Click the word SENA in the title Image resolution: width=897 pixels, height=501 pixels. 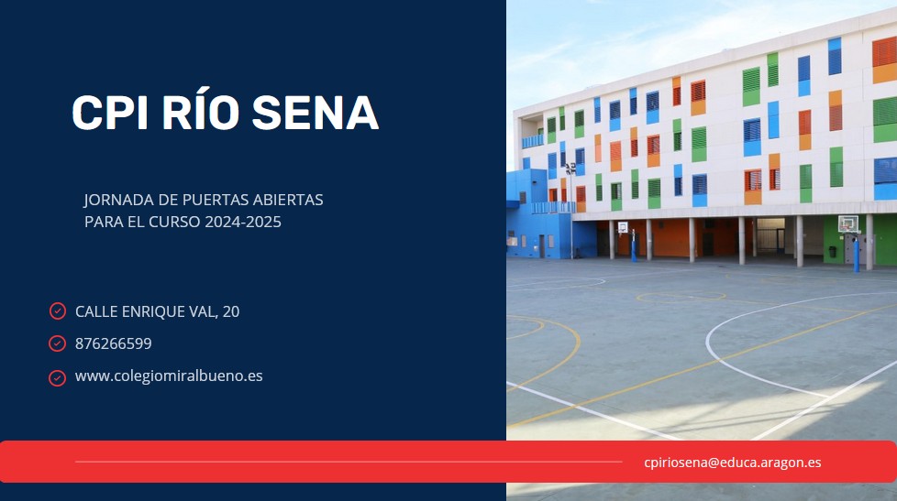coord(316,112)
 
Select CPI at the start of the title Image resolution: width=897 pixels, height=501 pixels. coord(110,112)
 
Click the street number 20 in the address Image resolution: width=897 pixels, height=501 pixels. coord(231,311)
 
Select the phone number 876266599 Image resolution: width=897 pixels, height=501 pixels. coord(113,343)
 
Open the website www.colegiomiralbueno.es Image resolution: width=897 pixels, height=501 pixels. coord(169,376)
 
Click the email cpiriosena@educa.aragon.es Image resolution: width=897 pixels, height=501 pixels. coord(732,463)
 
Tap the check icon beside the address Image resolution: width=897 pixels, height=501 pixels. coord(57,310)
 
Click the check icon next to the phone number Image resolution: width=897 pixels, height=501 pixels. coord(57,343)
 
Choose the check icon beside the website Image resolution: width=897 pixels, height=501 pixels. coord(57,378)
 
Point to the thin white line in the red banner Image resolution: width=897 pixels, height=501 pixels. coord(349,462)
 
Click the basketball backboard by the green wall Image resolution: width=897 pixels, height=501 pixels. coord(847,223)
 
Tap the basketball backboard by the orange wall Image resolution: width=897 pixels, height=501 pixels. coord(623,227)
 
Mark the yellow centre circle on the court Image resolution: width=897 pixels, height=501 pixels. coord(681,297)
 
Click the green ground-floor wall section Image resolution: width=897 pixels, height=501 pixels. coord(834,240)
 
